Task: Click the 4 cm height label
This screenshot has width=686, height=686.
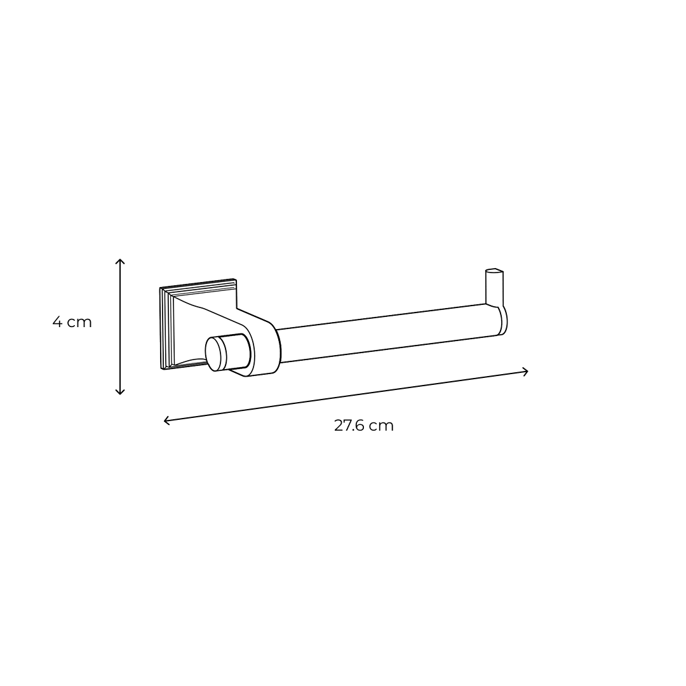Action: pyautogui.click(x=72, y=323)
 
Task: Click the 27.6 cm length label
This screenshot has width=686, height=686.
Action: pyautogui.click(x=364, y=425)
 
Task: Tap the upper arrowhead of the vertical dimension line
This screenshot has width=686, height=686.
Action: pyautogui.click(x=120, y=261)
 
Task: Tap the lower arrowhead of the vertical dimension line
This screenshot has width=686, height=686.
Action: pyautogui.click(x=120, y=392)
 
